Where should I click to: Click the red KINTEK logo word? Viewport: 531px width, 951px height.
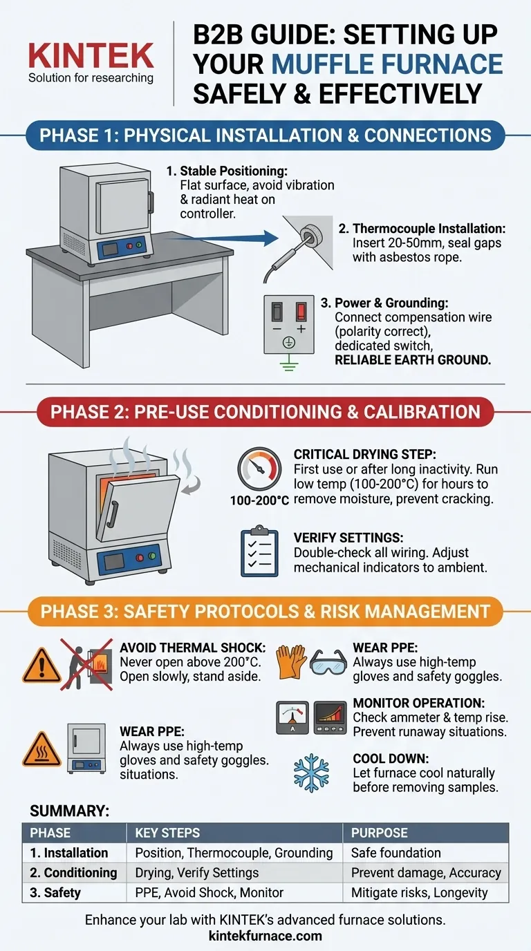coord(91,56)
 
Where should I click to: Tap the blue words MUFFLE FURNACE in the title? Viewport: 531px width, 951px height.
coord(387,64)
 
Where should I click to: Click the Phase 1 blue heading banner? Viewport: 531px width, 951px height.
coord(265,135)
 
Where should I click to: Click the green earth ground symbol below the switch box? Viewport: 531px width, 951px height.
coord(289,363)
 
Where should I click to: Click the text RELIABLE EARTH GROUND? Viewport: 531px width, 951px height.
coord(413,360)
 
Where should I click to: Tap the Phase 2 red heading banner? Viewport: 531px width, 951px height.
coord(265,412)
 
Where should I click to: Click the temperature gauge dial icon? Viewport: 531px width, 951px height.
coord(259,469)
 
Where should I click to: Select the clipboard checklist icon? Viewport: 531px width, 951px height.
coord(259,551)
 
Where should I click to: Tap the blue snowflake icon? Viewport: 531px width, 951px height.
coord(311,773)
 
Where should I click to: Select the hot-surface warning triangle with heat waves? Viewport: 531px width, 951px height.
coord(41,749)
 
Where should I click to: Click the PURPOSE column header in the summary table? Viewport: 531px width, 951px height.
coord(380,833)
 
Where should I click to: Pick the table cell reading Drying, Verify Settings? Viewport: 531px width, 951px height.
coord(196,872)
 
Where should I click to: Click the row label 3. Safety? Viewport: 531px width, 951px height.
coord(55,892)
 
